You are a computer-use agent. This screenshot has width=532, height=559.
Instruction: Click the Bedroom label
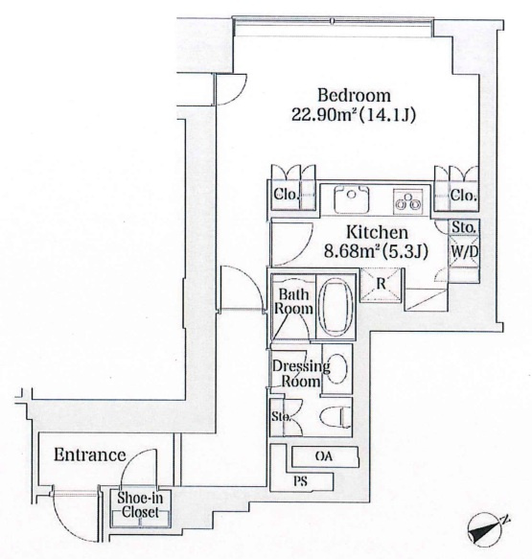354,96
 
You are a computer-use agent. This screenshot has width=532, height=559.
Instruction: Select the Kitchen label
377,232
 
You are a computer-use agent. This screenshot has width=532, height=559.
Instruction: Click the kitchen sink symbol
351,199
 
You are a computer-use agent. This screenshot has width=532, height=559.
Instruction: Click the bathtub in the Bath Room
337,308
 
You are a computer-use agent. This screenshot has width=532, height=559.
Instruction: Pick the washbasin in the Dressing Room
336,369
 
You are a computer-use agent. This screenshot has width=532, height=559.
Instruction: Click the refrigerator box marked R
381,284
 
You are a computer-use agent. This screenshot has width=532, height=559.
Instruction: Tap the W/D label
464,251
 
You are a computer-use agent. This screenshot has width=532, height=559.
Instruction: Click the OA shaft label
324,456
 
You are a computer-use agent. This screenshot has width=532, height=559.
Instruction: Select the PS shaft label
300,481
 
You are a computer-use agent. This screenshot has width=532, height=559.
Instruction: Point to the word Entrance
90,455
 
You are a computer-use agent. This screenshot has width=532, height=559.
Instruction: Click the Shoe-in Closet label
140,504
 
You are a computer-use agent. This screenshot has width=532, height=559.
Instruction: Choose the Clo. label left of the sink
286,195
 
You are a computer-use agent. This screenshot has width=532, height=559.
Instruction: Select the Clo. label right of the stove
463,196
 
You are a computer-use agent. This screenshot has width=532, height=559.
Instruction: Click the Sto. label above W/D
464,227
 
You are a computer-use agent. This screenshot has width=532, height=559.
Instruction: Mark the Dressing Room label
301,374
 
